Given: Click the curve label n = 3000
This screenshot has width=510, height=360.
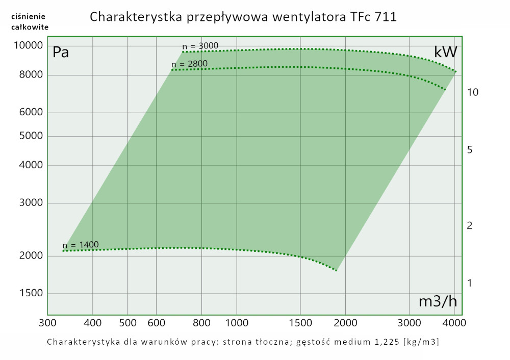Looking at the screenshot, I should [200, 46].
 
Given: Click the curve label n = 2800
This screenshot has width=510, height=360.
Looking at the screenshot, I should [189, 64].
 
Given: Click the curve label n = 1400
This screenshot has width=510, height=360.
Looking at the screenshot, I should [81, 244].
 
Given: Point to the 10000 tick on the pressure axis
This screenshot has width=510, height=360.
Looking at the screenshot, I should [28, 46].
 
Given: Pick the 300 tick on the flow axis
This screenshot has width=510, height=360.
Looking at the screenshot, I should [47, 323].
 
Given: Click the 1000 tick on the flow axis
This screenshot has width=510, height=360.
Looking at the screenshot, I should [237, 323].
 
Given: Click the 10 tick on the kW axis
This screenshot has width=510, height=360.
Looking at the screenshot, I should [472, 92].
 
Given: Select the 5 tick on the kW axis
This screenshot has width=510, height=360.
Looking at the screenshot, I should [470, 150].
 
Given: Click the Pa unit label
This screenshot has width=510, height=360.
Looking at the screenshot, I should [61, 52].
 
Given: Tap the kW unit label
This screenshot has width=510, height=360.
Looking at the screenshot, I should [445, 52].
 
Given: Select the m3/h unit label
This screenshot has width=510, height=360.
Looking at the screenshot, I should [438, 301].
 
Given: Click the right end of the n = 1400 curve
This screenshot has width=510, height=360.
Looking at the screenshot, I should [337, 270].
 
